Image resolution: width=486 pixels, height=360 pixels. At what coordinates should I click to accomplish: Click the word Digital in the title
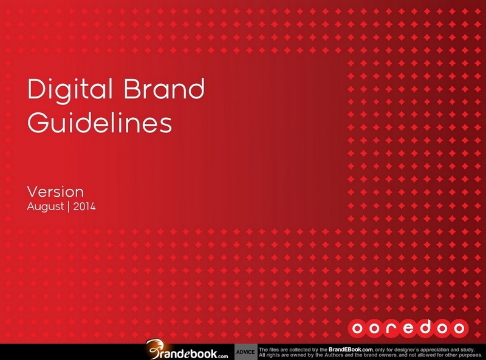click(70, 90)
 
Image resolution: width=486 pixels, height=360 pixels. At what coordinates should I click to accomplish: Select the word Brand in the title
click(164, 89)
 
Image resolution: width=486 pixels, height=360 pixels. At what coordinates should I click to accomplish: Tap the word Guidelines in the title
click(100, 122)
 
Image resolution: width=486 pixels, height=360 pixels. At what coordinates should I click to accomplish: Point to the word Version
click(55, 192)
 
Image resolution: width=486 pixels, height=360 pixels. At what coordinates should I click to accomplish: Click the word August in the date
click(45, 206)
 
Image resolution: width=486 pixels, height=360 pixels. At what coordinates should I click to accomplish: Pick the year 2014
click(84, 206)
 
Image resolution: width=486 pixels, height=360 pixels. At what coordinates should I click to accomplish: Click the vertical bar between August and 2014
click(69, 206)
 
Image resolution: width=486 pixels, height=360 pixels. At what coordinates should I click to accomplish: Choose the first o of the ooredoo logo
click(357, 328)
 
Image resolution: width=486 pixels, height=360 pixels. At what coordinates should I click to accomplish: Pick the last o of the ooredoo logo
click(459, 328)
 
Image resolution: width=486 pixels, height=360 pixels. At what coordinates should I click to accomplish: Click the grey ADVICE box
click(246, 352)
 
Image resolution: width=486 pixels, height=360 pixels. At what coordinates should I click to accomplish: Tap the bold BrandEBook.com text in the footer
click(351, 350)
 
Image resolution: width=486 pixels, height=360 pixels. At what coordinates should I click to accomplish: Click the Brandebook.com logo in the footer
click(187, 350)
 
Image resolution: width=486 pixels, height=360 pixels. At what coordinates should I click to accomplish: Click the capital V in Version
click(33, 192)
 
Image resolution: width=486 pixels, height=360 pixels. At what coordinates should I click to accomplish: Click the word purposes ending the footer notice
click(470, 355)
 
